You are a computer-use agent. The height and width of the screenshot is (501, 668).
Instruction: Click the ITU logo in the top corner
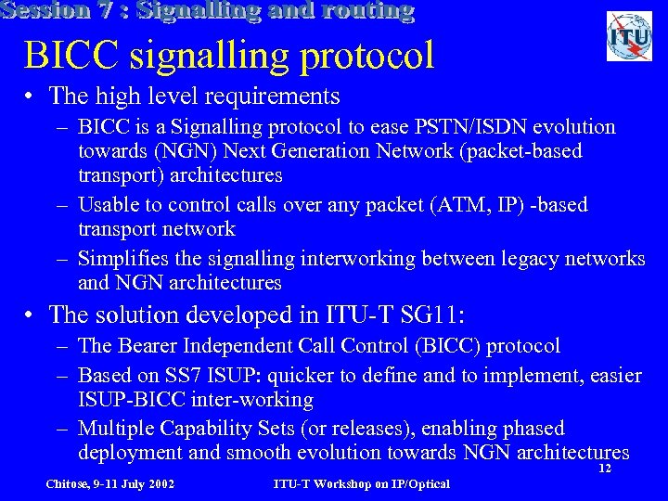629,36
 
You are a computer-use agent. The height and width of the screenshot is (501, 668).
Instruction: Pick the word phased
528,428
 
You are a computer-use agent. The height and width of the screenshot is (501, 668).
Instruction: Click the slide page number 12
604,469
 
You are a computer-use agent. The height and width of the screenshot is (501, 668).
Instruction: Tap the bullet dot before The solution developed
32,315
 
